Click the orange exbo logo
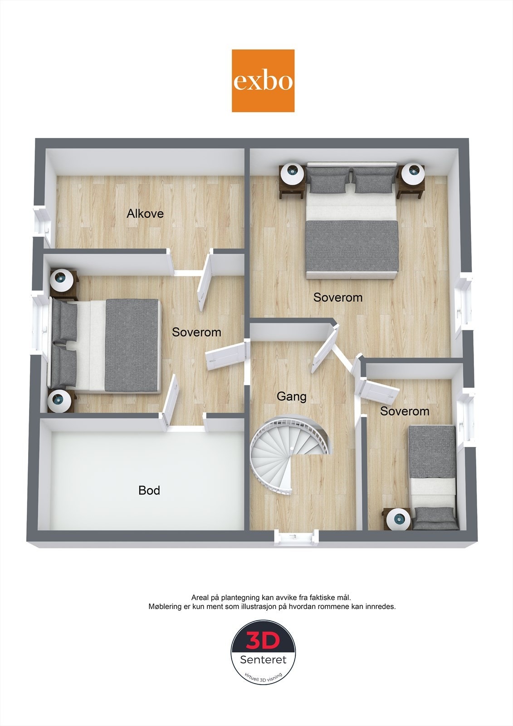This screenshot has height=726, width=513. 263,81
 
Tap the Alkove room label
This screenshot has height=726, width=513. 145,213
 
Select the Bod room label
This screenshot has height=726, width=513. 149,491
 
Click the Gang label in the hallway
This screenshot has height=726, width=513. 292,397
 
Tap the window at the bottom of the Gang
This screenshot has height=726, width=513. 296,536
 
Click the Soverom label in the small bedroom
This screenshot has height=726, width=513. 405,412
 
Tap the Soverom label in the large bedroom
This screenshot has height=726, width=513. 338,298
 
